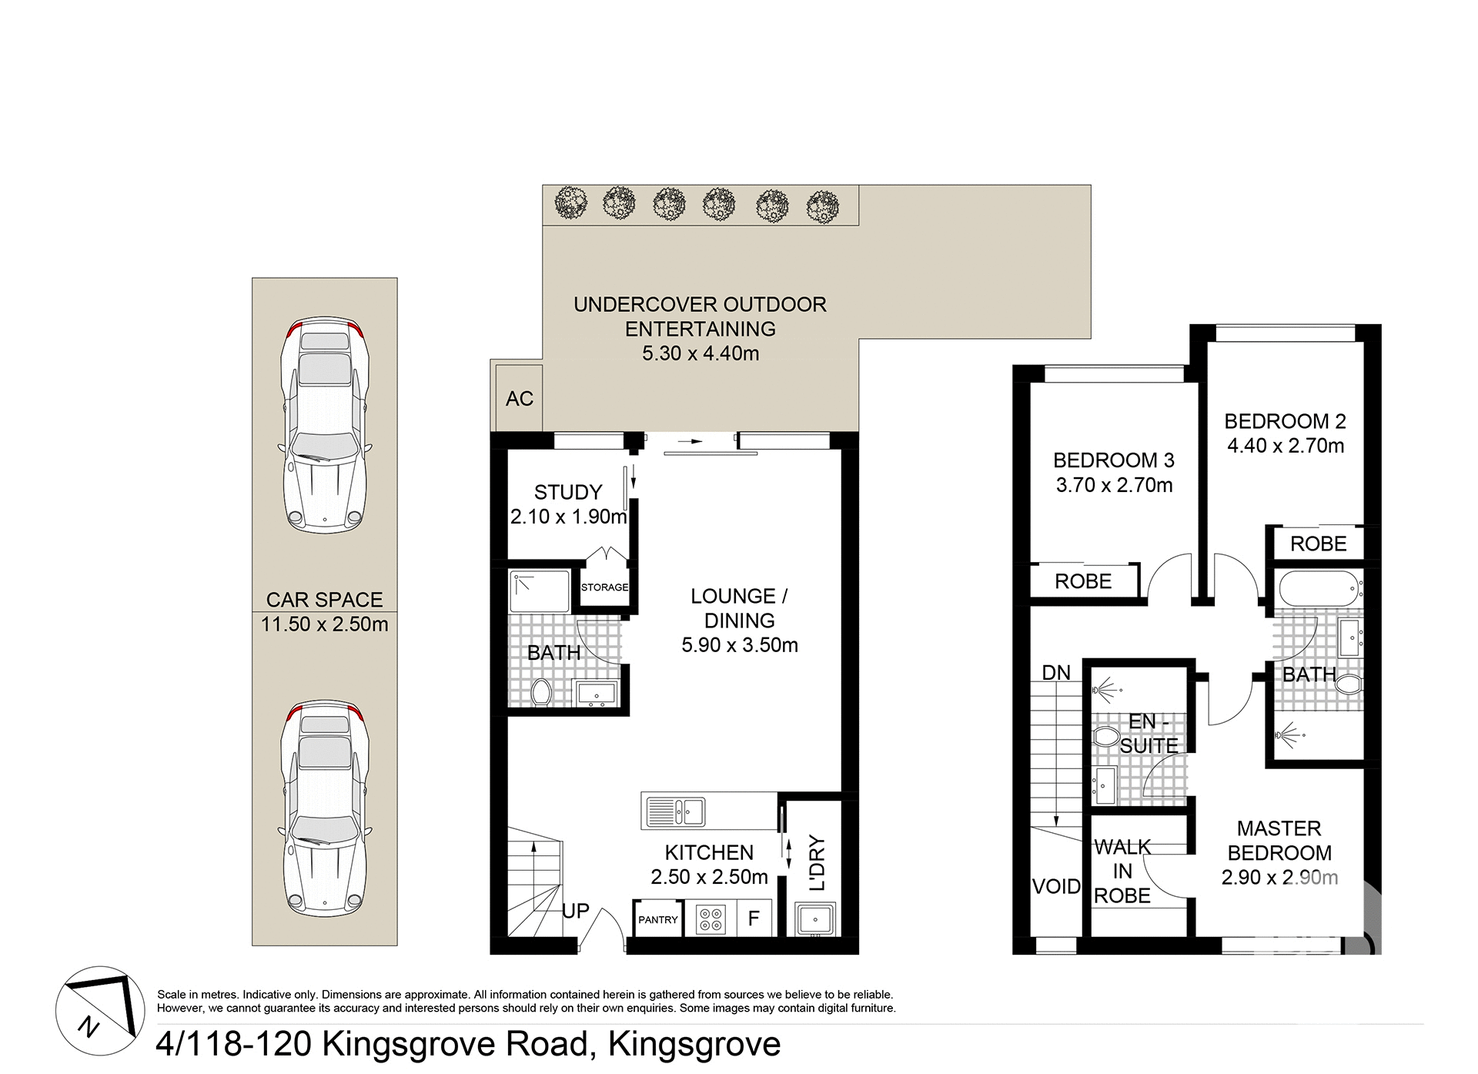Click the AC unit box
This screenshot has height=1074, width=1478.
point(520,398)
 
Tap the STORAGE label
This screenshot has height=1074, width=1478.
point(604,587)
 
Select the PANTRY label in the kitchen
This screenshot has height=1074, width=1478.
point(658,919)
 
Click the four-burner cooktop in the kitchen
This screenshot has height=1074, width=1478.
point(710,919)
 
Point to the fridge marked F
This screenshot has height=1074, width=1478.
point(754,918)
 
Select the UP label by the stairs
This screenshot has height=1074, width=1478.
point(575,911)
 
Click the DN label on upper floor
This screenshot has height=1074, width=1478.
point(1056,673)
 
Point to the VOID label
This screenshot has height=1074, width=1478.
point(1056,886)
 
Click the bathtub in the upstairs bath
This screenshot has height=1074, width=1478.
point(1318,589)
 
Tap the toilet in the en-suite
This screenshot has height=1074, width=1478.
point(1105,737)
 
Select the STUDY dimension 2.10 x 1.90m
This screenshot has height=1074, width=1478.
point(568,517)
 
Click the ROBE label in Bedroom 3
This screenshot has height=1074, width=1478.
point(1083,581)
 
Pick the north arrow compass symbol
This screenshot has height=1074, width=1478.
point(100,1011)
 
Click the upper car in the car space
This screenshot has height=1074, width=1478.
point(325,425)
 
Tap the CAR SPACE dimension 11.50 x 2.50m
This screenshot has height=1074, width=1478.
point(324,624)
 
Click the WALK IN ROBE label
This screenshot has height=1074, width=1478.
point(1122,872)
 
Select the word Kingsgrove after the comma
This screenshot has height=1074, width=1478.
point(694,1045)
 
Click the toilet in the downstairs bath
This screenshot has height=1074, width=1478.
point(541,692)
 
